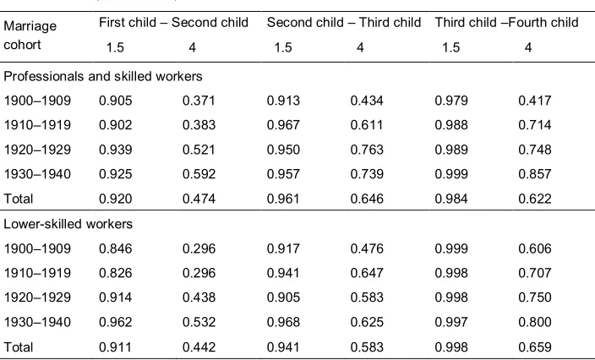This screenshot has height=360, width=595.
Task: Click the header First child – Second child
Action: click(173, 23)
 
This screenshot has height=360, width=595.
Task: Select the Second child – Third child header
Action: click(344, 23)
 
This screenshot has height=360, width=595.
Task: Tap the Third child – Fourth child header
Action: click(506, 23)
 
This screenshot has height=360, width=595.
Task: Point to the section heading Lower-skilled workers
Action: click(68, 224)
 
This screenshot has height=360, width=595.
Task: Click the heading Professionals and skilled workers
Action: click(103, 76)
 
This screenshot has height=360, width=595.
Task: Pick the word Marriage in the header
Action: click(30, 26)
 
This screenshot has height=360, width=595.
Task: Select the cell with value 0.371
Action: click(199, 101)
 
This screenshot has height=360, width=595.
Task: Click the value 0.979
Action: click(451, 101)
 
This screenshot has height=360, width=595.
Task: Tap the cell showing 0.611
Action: click(367, 125)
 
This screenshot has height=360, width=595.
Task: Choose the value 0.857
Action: click(535, 174)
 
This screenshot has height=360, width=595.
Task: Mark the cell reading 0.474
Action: click(199, 199)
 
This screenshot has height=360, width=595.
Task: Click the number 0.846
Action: click(115, 248)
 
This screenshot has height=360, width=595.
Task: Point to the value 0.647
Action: click(367, 273)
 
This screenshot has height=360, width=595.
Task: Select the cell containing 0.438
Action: click(199, 297)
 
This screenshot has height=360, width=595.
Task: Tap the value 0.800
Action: click(535, 322)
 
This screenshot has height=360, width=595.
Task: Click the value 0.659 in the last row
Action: click(535, 347)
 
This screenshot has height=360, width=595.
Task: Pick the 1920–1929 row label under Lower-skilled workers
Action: click(37, 297)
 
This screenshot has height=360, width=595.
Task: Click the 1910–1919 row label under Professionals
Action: click(37, 125)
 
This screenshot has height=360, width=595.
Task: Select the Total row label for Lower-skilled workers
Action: click(19, 347)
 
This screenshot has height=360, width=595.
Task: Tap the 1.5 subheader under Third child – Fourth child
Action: click(450, 48)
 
